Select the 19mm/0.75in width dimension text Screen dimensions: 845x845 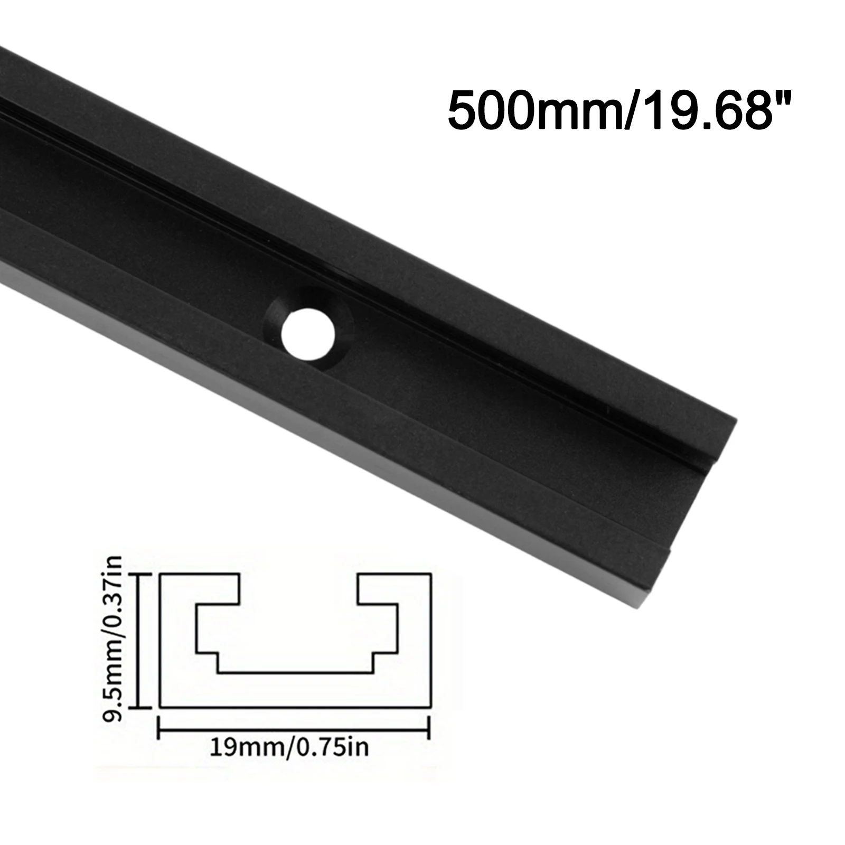click(289, 747)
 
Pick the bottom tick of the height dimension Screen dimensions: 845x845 click(139, 707)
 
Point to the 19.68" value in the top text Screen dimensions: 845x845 click(708, 110)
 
